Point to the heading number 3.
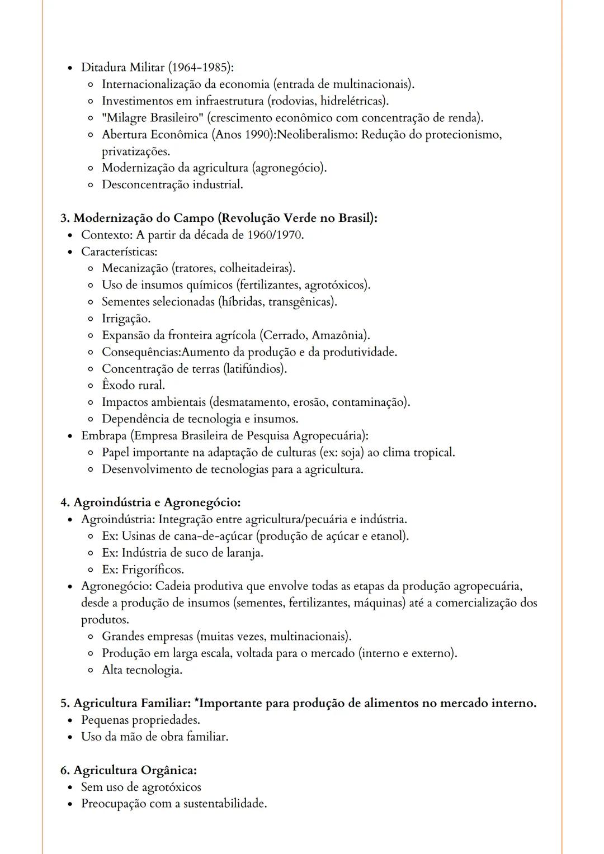pyautogui.click(x=64, y=218)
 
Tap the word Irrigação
pyautogui.click(x=126, y=319)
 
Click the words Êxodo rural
pyautogui.click(x=133, y=385)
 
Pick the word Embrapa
pyautogui.click(x=104, y=435)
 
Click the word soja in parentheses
pyautogui.click(x=352, y=452)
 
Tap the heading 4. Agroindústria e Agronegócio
pyautogui.click(x=150, y=502)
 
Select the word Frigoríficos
pyautogui.click(x=152, y=570)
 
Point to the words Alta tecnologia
pyautogui.click(x=142, y=670)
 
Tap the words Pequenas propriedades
pyautogui.click(x=140, y=720)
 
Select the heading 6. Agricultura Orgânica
pyautogui.click(x=129, y=770)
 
